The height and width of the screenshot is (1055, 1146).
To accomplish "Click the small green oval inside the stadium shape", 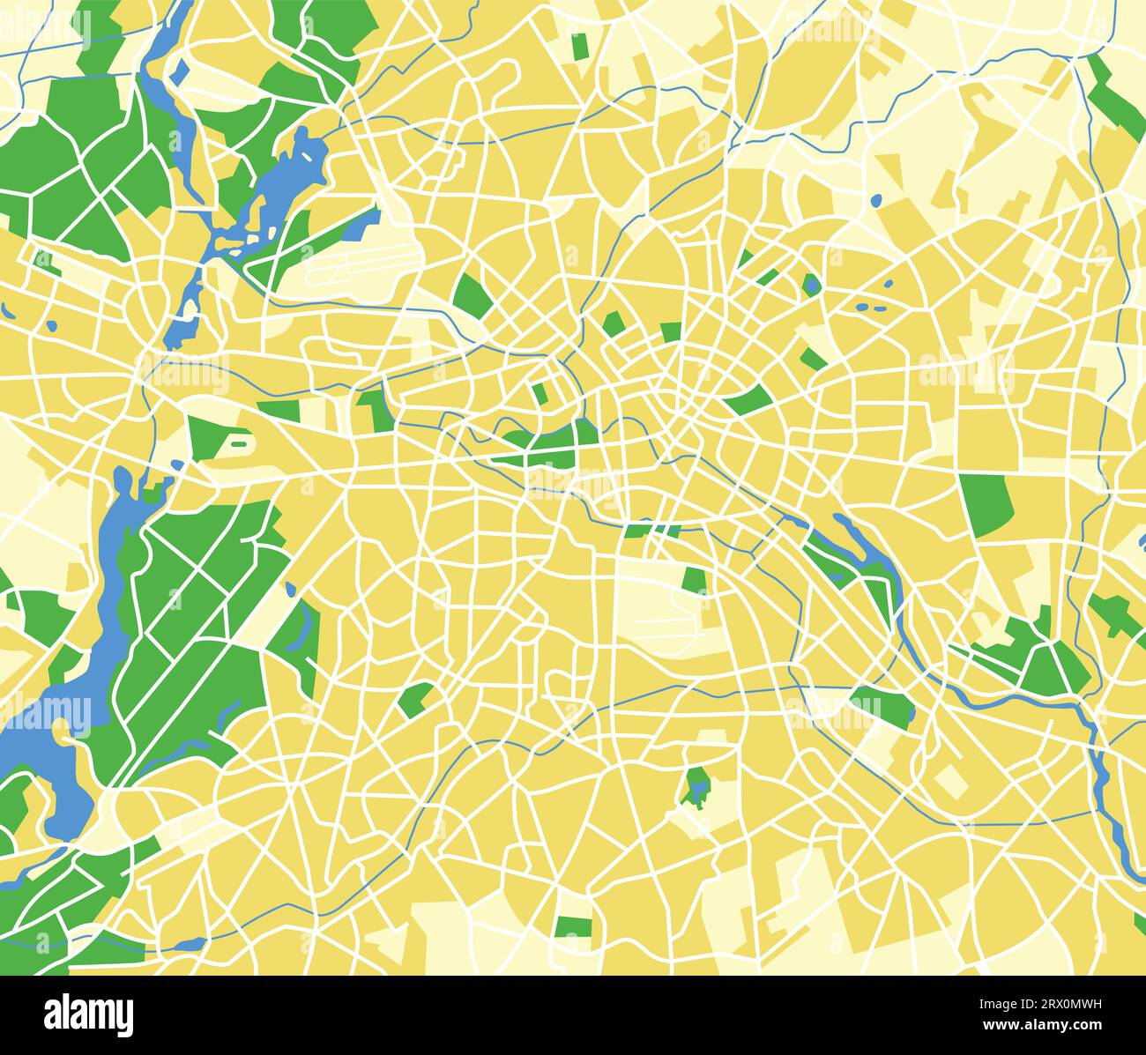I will pyautogui.click(x=238, y=443).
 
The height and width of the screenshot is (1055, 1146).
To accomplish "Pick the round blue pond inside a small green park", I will pyautogui.click(x=810, y=284).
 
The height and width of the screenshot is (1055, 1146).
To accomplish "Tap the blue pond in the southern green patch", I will pyautogui.click(x=697, y=782).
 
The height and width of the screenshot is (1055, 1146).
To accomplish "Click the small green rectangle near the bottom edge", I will pyautogui.click(x=574, y=926).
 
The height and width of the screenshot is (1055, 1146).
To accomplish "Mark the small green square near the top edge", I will pyautogui.click(x=579, y=47).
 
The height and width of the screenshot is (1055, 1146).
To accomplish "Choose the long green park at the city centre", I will pyautogui.click(x=547, y=445).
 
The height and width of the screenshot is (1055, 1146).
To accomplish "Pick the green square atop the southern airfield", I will pyautogui.click(x=695, y=580).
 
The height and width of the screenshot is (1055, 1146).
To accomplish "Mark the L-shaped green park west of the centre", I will pyautogui.click(x=375, y=405).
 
